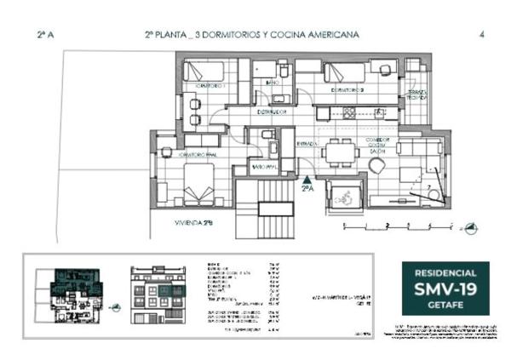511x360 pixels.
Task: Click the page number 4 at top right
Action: pos(482,35)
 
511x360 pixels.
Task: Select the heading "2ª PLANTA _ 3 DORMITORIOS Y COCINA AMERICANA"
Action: pos(251,35)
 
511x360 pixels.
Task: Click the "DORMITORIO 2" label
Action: pos(347,89)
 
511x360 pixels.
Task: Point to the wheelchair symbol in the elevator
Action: pos(347,195)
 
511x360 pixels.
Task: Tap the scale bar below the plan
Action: pos(396,226)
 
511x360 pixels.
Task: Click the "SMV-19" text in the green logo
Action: pos(445,290)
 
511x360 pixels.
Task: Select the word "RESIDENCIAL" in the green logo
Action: pos(445,272)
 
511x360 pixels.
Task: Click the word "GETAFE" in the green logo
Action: pos(445,306)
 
